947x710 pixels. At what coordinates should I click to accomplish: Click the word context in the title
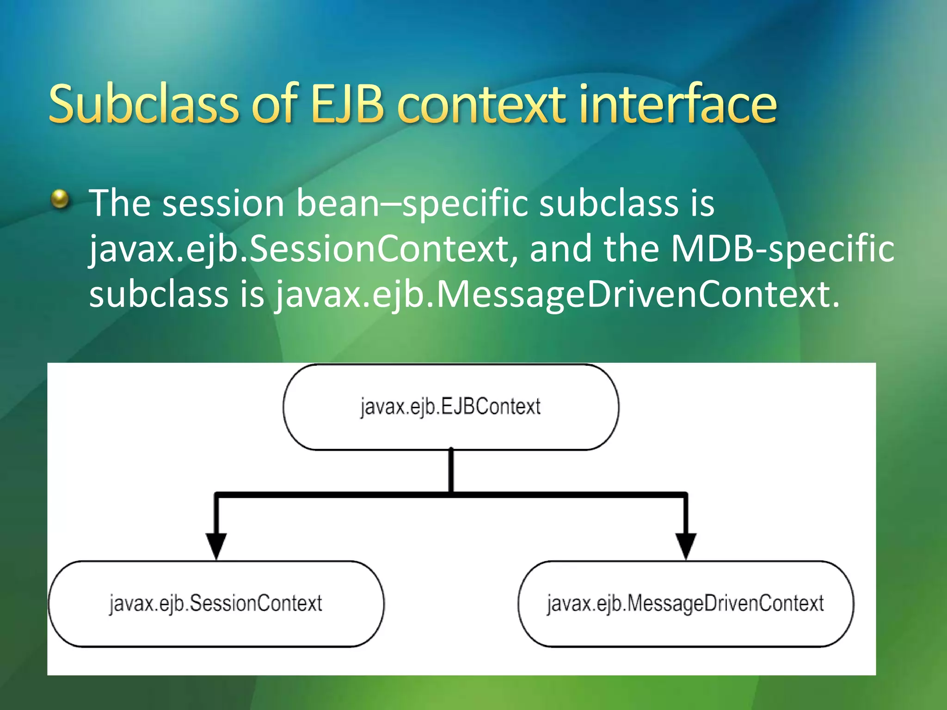pos(481,105)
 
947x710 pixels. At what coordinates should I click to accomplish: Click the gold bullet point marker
pos(60,199)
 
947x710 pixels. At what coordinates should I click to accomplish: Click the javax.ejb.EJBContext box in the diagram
pos(450,407)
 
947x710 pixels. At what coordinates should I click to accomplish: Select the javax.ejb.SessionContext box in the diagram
pos(216,604)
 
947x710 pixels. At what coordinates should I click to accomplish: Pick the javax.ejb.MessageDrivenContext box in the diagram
pos(685,604)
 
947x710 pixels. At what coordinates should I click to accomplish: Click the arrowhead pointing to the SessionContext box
pos(216,545)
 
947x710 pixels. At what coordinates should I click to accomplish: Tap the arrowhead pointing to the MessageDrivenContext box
pos(686,545)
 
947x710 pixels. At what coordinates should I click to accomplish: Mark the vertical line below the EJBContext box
pos(451,471)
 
